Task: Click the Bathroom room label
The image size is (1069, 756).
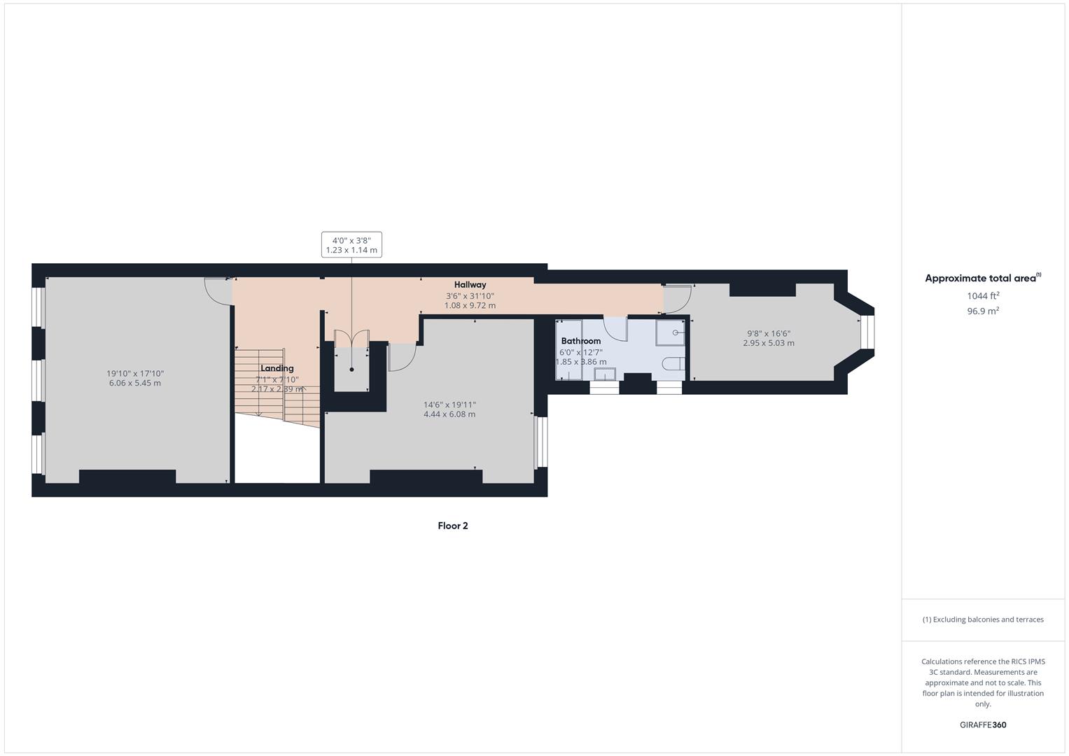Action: pos(580,341)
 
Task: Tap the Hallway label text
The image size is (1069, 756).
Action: pos(470,285)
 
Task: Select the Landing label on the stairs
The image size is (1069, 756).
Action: pos(277,368)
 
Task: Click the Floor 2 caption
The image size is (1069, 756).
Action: pos(453,526)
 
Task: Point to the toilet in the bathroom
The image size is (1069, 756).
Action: pos(673,363)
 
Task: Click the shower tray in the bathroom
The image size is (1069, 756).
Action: pos(670,332)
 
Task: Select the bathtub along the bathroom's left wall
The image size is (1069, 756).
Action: pos(569,350)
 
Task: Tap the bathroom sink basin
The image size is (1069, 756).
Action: pos(604,374)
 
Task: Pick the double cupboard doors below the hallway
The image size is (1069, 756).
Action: pos(351,338)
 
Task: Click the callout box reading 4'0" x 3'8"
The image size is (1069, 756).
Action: pos(351,245)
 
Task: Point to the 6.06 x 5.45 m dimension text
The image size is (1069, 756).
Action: pos(135,383)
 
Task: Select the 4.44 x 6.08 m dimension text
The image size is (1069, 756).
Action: pos(449,414)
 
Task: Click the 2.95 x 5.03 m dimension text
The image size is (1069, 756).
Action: pos(769,343)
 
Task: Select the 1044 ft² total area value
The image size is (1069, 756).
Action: pos(983,296)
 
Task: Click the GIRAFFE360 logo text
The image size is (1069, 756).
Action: pos(983,725)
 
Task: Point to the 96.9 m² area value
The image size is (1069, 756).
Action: pos(983,311)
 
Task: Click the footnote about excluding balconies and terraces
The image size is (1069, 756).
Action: pos(983,619)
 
